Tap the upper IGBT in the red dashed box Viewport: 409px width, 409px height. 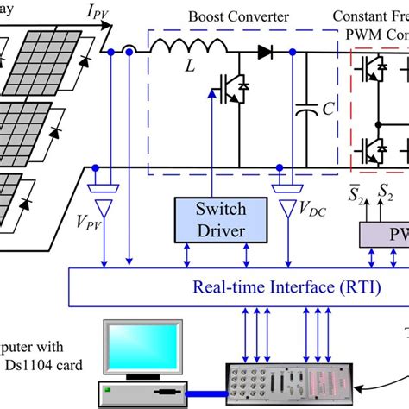point(371,68)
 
